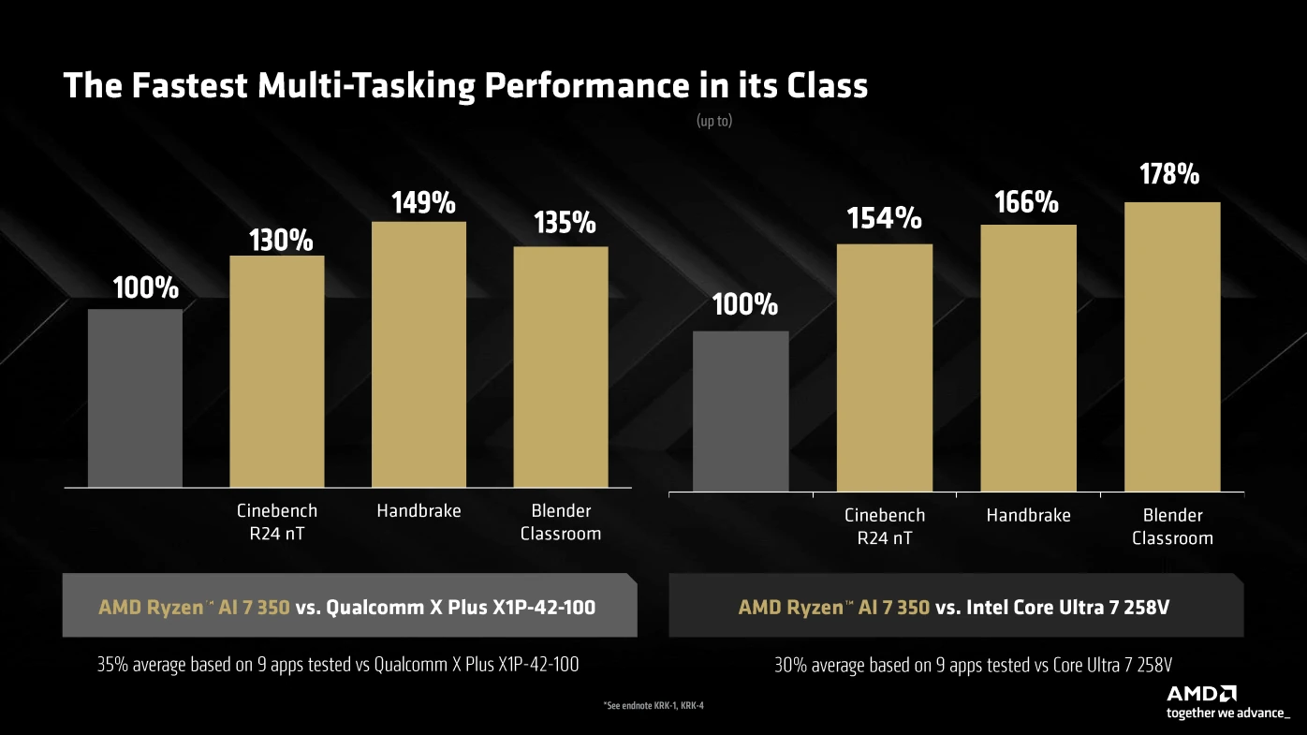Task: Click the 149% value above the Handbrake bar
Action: pyautogui.click(x=423, y=203)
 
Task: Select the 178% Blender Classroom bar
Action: pyautogui.click(x=1172, y=346)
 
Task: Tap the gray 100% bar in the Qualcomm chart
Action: pyautogui.click(x=135, y=398)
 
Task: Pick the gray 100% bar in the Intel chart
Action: pyautogui.click(x=741, y=411)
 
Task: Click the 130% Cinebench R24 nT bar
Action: pyautogui.click(x=277, y=371)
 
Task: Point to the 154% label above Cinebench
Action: pyautogui.click(x=884, y=219)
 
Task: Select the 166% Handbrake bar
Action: pyautogui.click(x=1028, y=358)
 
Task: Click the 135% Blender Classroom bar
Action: pyautogui.click(x=561, y=366)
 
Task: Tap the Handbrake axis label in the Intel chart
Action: pyautogui.click(x=1028, y=516)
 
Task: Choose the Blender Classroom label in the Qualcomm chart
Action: pyautogui.click(x=561, y=522)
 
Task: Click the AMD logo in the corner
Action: pyautogui.click(x=1201, y=694)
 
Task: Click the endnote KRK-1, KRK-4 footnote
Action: pyautogui.click(x=653, y=705)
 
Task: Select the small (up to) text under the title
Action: pyautogui.click(x=714, y=122)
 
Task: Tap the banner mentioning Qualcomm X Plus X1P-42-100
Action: pyautogui.click(x=348, y=607)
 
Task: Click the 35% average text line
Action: pyautogui.click(x=337, y=665)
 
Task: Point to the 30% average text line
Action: pyautogui.click(x=973, y=666)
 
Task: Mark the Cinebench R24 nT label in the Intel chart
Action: pyautogui.click(x=884, y=526)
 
